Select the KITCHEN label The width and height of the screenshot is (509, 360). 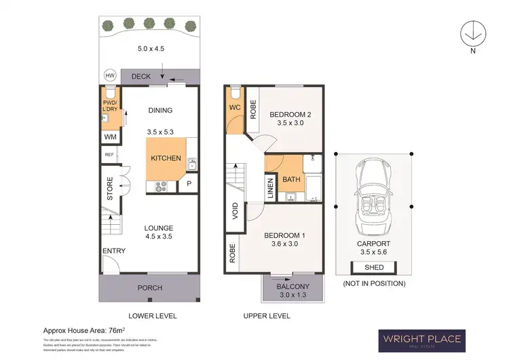[166, 158]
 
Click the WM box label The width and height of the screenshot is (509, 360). [110, 137]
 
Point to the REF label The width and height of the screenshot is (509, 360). [109, 155]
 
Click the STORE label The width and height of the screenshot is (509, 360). [110, 189]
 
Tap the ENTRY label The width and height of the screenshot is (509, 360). [113, 251]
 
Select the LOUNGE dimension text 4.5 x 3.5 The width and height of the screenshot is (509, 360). [159, 237]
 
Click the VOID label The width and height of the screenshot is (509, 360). [234, 209]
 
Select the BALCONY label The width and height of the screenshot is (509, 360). [293, 287]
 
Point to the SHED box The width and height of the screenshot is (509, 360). [374, 267]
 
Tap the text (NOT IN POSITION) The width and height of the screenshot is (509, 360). [374, 283]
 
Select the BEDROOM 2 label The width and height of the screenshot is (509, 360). [290, 115]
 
